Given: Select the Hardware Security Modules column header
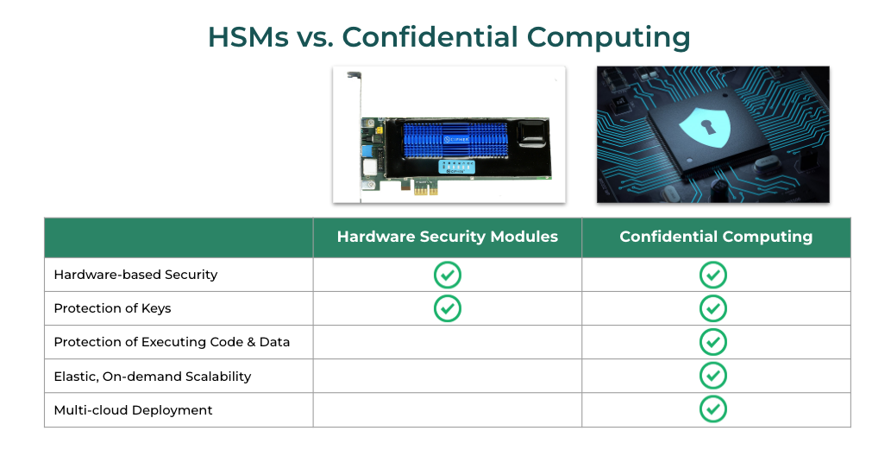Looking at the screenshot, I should [447, 237].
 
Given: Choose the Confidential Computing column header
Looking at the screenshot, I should [716, 237].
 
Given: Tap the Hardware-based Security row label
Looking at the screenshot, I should [135, 275].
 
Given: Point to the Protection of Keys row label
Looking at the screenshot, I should [112, 308].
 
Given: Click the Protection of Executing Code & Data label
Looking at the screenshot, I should [172, 342].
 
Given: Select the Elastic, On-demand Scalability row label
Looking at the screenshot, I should [152, 377].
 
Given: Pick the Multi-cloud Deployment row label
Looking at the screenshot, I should [133, 410].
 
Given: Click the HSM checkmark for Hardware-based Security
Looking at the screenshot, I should [447, 275].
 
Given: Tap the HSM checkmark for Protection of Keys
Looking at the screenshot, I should [447, 308].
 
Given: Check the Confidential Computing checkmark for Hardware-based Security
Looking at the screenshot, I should [712, 275].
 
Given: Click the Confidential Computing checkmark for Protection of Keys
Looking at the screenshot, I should [712, 308].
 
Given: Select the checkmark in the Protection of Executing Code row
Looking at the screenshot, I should [712, 342].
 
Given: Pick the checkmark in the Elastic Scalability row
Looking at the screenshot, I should [712, 376].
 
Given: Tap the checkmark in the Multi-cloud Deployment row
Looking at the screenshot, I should [712, 409].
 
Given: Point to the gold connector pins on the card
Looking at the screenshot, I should [424, 187].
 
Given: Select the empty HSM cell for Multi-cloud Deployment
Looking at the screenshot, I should [447, 410].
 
